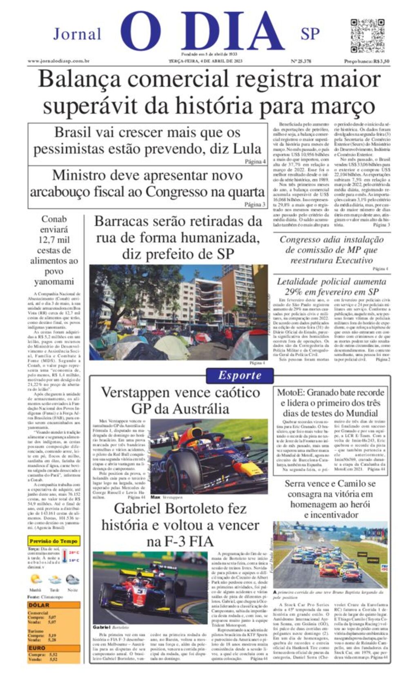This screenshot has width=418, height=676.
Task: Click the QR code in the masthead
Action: click(367, 36)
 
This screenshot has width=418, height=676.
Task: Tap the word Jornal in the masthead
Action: click(77, 34)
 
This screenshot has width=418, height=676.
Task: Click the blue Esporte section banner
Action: click(240, 376)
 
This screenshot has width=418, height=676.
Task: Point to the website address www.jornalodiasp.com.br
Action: click(58, 61)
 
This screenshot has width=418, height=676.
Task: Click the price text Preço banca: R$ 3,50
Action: click(366, 61)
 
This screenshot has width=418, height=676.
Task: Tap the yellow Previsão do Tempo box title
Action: click(53, 541)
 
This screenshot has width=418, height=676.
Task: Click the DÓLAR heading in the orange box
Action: click(39, 605)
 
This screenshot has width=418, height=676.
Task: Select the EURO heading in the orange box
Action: click(37, 648)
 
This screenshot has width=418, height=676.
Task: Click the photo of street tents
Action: click(178, 312)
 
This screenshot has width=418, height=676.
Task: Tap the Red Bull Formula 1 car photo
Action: click(209, 456)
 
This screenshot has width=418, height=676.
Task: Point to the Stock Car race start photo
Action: click(330, 554)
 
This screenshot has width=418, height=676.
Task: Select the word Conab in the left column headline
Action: click(54, 219)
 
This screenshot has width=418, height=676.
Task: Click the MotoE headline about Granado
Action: click(331, 403)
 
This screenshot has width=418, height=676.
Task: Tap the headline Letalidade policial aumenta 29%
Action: click(331, 287)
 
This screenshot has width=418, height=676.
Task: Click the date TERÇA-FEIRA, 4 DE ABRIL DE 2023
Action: click(206, 61)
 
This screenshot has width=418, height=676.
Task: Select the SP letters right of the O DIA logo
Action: click(310, 34)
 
